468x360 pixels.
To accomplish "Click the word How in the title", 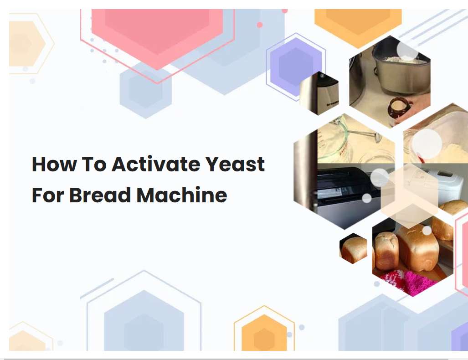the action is click(54, 164).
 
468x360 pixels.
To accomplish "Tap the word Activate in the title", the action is click(156, 164).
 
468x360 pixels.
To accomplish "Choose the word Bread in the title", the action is click(100, 195).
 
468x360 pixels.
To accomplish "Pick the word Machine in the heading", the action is click(182, 195).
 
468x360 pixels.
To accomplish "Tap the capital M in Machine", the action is click(147, 195).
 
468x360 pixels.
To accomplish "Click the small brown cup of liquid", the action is click(398, 108).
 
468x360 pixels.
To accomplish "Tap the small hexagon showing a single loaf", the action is click(353, 248).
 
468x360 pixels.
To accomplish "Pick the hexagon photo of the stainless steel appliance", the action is click(319, 93).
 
